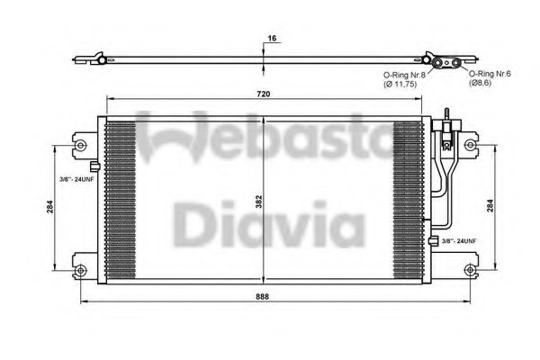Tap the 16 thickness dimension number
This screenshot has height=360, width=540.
pyautogui.click(x=270, y=39)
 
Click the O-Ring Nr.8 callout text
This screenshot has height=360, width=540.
pyautogui.click(x=401, y=75)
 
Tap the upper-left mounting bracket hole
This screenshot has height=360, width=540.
pyautogui.click(x=81, y=144)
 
